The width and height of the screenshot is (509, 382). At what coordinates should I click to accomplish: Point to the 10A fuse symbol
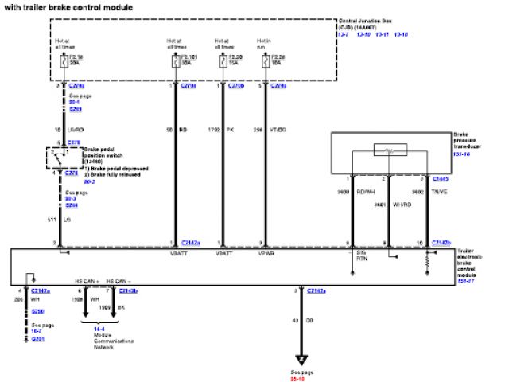pos(265,58)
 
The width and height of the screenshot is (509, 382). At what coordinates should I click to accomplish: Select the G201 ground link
pos(37,339)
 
